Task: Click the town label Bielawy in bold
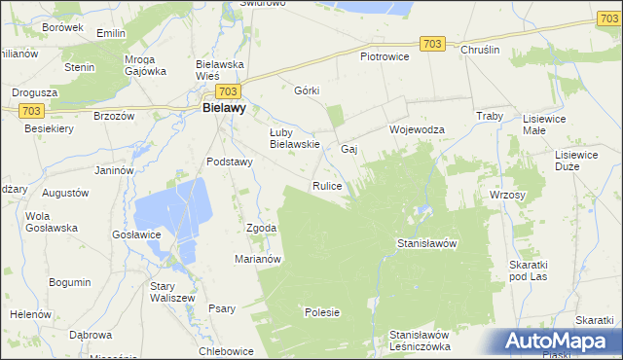click(x=223, y=110)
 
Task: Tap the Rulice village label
click(x=326, y=185)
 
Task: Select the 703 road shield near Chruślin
click(x=434, y=44)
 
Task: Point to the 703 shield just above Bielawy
click(x=229, y=90)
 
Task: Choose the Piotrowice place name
click(x=385, y=56)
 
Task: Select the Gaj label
click(x=350, y=149)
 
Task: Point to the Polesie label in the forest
click(x=322, y=312)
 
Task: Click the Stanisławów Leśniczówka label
click(x=419, y=341)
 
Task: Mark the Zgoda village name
click(x=262, y=228)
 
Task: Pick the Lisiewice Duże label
click(x=575, y=161)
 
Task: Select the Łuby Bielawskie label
click(x=295, y=138)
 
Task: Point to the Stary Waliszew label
click(x=172, y=292)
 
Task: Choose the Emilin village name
click(x=112, y=33)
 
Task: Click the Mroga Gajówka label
click(x=145, y=64)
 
